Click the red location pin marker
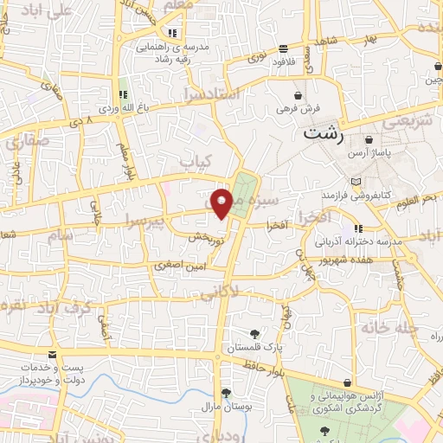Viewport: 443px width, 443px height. coord(221,202)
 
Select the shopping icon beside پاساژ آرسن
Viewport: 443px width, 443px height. coord(369,139)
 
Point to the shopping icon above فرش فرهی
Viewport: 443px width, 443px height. coord(299,94)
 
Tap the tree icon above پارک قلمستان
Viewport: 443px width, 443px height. coord(254,333)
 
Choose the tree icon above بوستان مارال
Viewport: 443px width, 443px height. coord(226,392)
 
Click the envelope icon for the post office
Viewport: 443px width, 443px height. coord(53,356)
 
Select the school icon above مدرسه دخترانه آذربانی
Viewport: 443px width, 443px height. coord(358,229)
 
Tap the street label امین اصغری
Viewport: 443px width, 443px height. coord(176,265)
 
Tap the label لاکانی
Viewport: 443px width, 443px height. coord(221,295)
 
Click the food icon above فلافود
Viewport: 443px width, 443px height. coord(283,48)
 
